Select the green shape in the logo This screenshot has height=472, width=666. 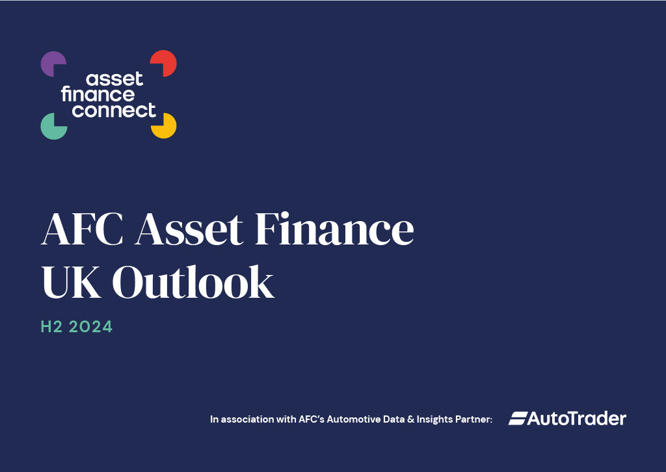pos(52,128)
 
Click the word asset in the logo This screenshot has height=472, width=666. pos(114,79)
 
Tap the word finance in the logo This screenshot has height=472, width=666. pos(98,94)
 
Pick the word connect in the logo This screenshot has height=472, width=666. pos(114,110)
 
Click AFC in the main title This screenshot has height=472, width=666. pos(82,229)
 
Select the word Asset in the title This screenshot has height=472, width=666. pos(189,229)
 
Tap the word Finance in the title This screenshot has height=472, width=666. pos(334,229)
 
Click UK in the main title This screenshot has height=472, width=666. pos(71,282)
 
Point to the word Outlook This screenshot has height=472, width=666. pos(193,282)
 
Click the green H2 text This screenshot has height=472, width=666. pos(51,327)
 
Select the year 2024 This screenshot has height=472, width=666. pos(90,327)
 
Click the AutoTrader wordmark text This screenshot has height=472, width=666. pos(576,419)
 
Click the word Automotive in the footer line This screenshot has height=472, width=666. pos(353,419)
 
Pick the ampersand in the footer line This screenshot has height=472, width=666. pos(410,419)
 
